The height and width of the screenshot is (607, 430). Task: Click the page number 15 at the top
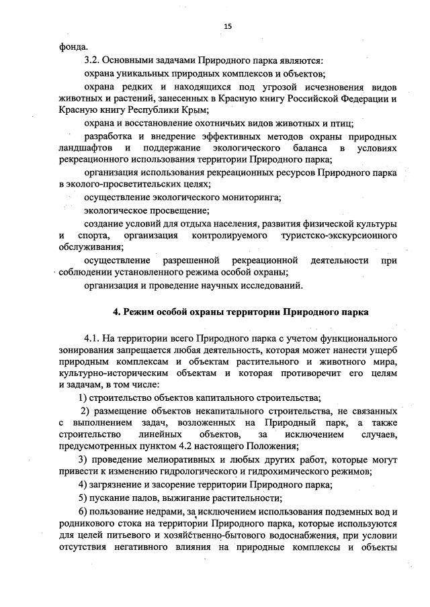(x=228, y=26)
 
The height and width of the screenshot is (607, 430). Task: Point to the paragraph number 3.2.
(x=92, y=60)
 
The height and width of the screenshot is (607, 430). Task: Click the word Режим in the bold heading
(x=138, y=312)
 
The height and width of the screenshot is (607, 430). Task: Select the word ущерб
(x=382, y=350)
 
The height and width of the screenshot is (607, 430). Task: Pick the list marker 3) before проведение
(x=83, y=459)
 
